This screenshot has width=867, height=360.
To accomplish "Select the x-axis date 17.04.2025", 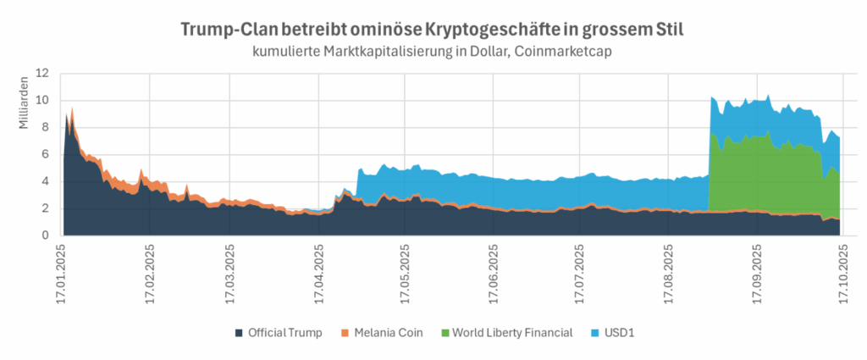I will pos(319,271).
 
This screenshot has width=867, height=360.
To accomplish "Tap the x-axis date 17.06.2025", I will pos(494,271).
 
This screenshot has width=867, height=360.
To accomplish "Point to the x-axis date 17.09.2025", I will pos(756,271).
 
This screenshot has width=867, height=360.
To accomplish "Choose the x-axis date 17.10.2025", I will pos(842,271).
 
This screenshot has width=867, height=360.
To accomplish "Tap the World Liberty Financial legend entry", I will pos(511,332).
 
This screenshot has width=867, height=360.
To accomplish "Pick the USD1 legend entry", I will pos(619,332).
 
